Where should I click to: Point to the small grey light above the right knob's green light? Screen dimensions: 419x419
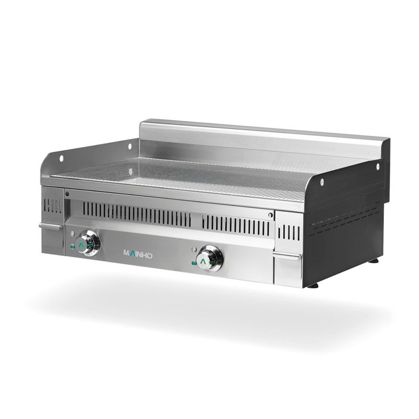[194, 249]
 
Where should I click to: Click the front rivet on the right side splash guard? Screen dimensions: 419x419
[322, 182]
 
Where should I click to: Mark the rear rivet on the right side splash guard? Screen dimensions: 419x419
[378, 167]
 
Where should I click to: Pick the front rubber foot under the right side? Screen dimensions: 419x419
[313, 285]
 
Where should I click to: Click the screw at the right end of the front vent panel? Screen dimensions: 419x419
[270, 214]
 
